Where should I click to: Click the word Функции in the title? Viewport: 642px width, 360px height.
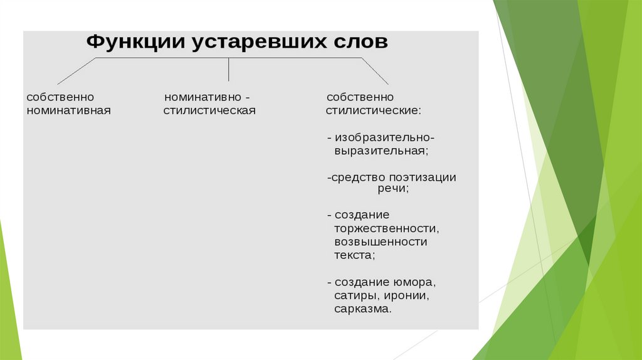point(135,42)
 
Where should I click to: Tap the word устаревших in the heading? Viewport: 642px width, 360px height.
point(259,43)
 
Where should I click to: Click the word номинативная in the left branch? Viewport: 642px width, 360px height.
point(69,110)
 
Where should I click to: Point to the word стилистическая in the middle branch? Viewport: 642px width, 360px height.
point(209,110)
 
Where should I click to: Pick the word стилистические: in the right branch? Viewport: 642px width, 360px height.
point(374,110)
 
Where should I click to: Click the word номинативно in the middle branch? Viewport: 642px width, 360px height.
point(203,97)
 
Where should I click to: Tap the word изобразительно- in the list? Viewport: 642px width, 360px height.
point(384,138)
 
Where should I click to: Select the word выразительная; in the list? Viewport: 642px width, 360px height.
point(381,151)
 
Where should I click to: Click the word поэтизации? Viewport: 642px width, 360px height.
point(423,177)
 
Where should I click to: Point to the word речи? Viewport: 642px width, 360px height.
point(393,189)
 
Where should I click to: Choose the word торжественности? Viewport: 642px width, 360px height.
point(386,228)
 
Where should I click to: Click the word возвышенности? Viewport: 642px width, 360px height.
point(381,241)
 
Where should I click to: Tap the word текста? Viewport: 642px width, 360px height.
point(355,255)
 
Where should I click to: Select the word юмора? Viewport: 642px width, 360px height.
point(415,283)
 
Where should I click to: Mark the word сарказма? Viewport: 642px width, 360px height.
point(363,309)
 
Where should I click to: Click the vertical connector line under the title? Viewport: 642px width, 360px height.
point(228,69)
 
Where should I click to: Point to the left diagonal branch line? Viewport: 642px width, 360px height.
point(76,71)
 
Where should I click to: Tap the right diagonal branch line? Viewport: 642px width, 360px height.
point(375,71)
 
